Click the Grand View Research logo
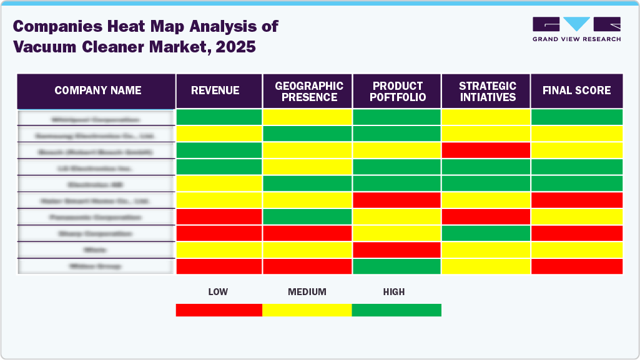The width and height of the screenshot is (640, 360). [x=576, y=29]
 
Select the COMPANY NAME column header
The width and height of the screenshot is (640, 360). [x=97, y=91]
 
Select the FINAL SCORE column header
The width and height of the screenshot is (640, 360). [x=576, y=91]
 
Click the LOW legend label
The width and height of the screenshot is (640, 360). [x=218, y=292]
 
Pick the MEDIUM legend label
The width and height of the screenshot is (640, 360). [x=307, y=292]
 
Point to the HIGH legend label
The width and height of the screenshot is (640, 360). [x=394, y=292]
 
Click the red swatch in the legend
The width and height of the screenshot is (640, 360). [x=219, y=310]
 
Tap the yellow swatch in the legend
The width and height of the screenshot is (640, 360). [x=307, y=310]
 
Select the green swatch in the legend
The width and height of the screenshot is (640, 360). [x=396, y=310]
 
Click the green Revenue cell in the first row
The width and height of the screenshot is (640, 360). [x=219, y=117]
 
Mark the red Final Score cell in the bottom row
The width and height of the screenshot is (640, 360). [x=576, y=266]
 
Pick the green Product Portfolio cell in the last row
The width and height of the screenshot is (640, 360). [x=397, y=266]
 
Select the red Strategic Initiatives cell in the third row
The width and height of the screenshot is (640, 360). [x=486, y=150]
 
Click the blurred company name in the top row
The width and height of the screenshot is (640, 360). [x=96, y=118]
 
